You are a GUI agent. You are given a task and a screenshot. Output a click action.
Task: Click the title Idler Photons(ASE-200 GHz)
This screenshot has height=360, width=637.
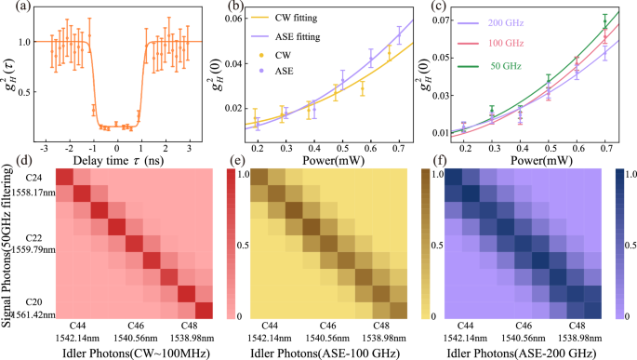[533, 353]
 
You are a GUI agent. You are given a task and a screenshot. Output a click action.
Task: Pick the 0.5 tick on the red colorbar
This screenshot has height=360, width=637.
[232, 244]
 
